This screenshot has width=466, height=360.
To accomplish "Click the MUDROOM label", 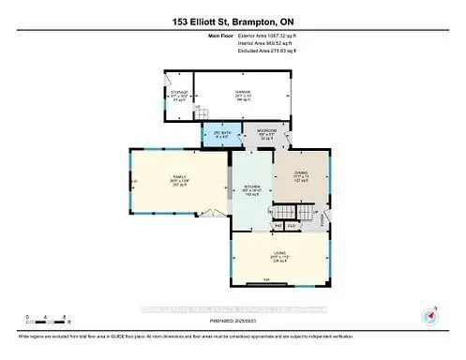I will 266,131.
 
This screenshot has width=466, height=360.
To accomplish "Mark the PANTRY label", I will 278,225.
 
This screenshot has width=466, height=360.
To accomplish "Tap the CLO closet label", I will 292,225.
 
